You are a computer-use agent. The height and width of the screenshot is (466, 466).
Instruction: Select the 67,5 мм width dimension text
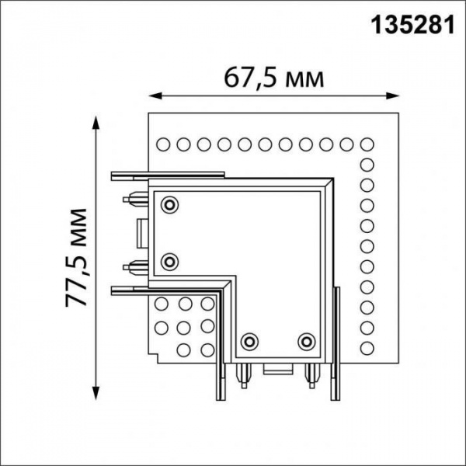coord(273,78)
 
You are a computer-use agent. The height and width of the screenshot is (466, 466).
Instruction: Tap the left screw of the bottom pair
coord(250,341)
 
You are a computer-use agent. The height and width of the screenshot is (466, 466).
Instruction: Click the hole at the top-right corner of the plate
coord(367,144)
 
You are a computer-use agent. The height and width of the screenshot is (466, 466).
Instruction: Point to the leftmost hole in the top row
coord(163,144)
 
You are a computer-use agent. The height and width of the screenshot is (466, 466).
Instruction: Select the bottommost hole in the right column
coord(367,345)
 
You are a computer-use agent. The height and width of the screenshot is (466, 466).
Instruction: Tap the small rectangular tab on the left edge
coord(141,232)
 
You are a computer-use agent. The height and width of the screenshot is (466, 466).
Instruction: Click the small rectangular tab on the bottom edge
coord(278,370)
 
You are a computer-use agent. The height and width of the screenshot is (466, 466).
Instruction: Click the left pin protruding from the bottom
coord(243,374)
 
